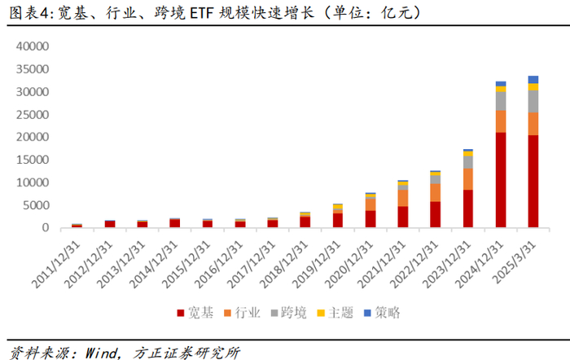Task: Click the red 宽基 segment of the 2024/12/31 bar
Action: pyautogui.click(x=501, y=180)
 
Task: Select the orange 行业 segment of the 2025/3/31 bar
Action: pyautogui.click(x=533, y=124)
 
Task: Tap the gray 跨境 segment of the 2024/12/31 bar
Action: pyautogui.click(x=501, y=101)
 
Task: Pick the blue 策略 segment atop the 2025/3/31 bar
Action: pyautogui.click(x=533, y=80)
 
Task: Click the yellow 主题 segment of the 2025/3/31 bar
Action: pyautogui.click(x=533, y=87)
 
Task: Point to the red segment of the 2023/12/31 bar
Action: pyautogui.click(x=468, y=209)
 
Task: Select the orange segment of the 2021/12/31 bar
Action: pyautogui.click(x=403, y=198)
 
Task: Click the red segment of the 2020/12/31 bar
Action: pyautogui.click(x=370, y=219)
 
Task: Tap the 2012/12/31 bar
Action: pyautogui.click(x=110, y=224)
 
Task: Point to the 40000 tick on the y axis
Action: pyautogui.click(x=33, y=46)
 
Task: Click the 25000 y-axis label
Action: pyautogui.click(x=33, y=115)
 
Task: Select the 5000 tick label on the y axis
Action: pyautogui.click(x=36, y=205)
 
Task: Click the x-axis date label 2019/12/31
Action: pyautogui.click(x=317, y=265)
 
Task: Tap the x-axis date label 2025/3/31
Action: pyautogui.click(x=514, y=262)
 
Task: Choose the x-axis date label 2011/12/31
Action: pyautogui.click(x=56, y=265)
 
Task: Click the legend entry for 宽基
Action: pyautogui.click(x=195, y=313)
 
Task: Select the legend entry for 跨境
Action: pyautogui.click(x=288, y=313)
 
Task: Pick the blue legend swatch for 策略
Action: pyautogui.click(x=367, y=313)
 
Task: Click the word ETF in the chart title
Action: pyautogui.click(x=202, y=13)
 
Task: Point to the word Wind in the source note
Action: pyautogui.click(x=102, y=353)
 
